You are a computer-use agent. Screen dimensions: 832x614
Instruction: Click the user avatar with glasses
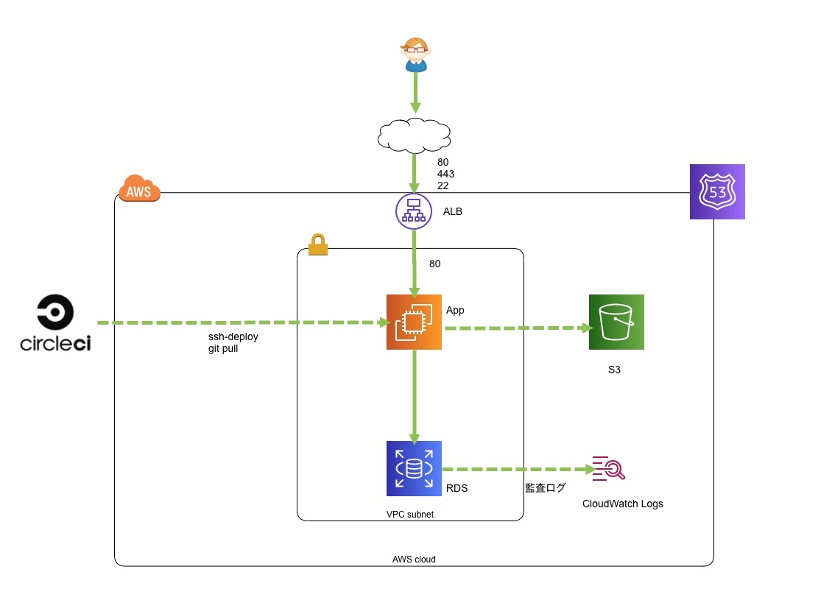415,54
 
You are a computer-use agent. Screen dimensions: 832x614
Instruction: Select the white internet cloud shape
415,136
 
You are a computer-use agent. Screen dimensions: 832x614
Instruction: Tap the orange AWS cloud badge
139,188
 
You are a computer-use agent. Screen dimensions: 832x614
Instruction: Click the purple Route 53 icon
717,191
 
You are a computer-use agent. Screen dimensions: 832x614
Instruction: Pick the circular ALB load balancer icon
414,211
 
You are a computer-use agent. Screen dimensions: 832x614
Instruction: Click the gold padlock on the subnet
318,244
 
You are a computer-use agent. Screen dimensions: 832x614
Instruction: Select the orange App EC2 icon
414,322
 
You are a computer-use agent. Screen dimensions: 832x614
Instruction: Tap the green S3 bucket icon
616,322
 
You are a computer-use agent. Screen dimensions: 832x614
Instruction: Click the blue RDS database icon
414,468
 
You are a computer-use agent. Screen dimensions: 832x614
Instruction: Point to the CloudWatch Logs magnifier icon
609,468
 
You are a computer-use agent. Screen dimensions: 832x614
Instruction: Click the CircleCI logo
55,323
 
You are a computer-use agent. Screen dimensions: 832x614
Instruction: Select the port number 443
445,174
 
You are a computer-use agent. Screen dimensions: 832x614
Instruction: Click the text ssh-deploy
233,337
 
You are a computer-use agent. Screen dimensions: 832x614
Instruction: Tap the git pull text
223,349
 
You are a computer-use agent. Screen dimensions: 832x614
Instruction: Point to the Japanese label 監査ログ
546,487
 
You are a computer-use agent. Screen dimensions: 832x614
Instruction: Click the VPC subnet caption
409,514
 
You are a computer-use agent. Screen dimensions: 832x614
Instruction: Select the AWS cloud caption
414,560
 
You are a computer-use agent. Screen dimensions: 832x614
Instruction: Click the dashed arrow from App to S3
518,328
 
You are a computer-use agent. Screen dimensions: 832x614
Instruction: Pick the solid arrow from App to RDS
415,397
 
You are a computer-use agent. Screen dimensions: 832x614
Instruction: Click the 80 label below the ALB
434,264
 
